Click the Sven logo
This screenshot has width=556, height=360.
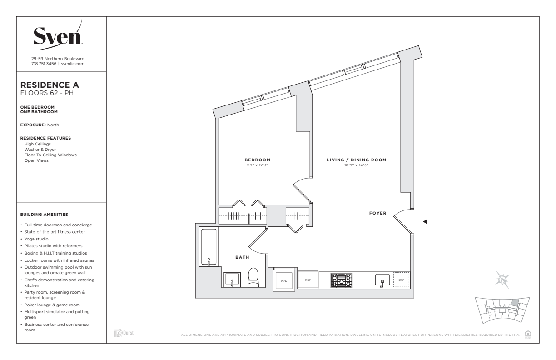pyautogui.click(x=58, y=35)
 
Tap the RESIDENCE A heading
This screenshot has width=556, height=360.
pyautogui.click(x=50, y=85)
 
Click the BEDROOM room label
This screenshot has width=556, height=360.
pyautogui.click(x=258, y=160)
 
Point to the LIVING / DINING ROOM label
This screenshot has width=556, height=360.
pyautogui.click(x=357, y=160)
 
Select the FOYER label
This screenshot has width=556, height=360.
pyautogui.click(x=378, y=213)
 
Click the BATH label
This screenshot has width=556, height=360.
pyautogui.click(x=242, y=257)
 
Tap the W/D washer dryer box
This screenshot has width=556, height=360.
pyautogui.click(x=284, y=280)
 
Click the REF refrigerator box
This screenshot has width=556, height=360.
pyautogui.click(x=308, y=280)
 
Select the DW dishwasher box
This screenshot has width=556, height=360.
pyautogui.click(x=402, y=280)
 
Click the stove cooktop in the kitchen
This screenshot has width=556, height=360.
pyautogui.click(x=342, y=280)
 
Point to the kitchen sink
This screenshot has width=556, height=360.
pyautogui.click(x=382, y=280)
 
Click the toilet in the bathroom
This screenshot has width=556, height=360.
pyautogui.click(x=253, y=278)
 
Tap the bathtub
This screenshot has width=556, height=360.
pyautogui.click(x=209, y=247)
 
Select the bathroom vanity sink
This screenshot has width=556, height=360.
pyautogui.click(x=232, y=280)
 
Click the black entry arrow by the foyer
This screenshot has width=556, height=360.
pyautogui.click(x=425, y=222)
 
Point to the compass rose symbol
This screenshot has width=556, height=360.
pyautogui.click(x=502, y=280)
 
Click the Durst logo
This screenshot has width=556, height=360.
pyautogui.click(x=124, y=333)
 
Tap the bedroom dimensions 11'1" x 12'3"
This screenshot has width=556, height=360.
pyautogui.click(x=258, y=165)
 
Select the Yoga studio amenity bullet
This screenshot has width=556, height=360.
pyautogui.click(x=36, y=239)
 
